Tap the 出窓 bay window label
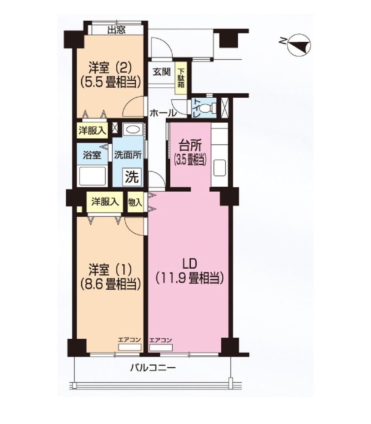tap(116, 30)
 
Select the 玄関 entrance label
tap(161, 72)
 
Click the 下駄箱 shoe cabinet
tap(182, 78)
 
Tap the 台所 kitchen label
tap(190, 145)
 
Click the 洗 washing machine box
tap(132, 177)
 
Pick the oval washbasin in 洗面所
tap(132, 130)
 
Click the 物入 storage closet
tap(135, 202)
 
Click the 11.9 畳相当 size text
tap(190, 278)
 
